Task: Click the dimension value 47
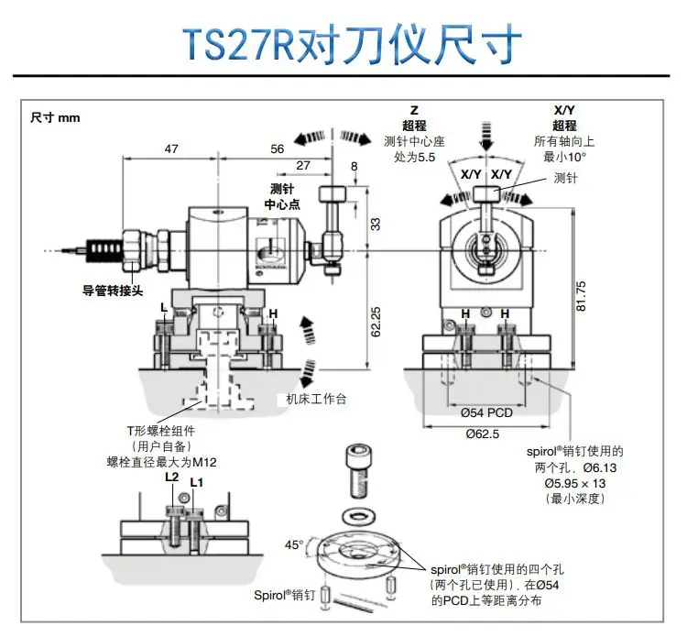click(170, 148)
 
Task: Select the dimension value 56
click(278, 148)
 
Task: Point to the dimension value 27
click(303, 166)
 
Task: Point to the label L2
click(171, 477)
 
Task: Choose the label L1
click(196, 482)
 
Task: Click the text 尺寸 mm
click(55, 118)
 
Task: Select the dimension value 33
click(375, 223)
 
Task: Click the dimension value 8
click(355, 166)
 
